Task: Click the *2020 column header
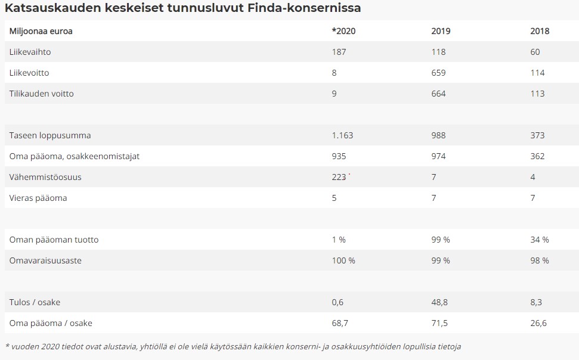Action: click(x=343, y=31)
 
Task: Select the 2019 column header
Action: click(x=441, y=31)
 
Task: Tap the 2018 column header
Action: click(x=540, y=31)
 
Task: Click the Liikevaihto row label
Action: click(x=30, y=52)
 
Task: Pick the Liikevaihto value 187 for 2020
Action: click(x=339, y=52)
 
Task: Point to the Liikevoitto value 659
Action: click(x=438, y=73)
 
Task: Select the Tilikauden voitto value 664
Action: click(x=438, y=94)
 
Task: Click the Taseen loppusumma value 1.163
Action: click(x=342, y=135)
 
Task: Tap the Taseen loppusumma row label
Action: click(x=50, y=135)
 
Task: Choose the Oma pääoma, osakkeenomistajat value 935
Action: click(x=339, y=156)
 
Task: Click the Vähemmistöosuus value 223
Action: click(x=339, y=177)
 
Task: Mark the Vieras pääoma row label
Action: click(x=38, y=198)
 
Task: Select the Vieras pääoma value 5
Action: click(x=334, y=198)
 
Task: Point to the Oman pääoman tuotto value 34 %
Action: click(x=540, y=240)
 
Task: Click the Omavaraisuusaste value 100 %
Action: click(x=343, y=260)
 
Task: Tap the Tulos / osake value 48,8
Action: click(x=440, y=302)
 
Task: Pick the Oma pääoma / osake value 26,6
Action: click(x=538, y=323)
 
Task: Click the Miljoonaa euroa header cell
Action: click(x=41, y=31)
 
